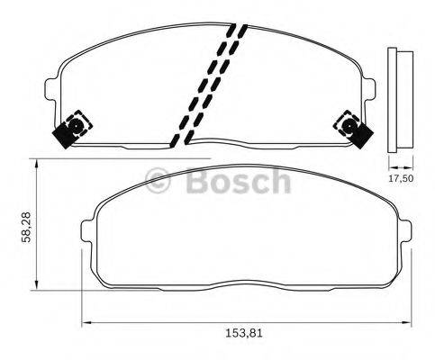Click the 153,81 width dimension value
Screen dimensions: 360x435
click(x=244, y=334)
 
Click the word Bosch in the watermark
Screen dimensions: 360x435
click(x=238, y=182)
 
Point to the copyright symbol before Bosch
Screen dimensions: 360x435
click(x=159, y=183)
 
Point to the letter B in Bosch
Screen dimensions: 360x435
click(x=197, y=182)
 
